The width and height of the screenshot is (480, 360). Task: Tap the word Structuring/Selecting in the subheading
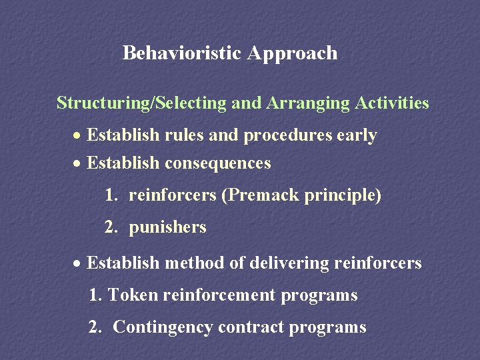coord(142,103)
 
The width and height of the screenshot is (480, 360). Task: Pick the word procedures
coord(287,136)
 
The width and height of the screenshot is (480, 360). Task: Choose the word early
coord(357,136)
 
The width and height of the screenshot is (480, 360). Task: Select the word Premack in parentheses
coord(261,196)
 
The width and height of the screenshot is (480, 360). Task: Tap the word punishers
coord(167,227)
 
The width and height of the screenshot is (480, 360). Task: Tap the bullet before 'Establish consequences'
coord(78,164)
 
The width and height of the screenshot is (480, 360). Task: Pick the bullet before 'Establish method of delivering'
coord(78,264)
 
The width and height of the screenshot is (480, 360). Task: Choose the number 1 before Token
coord(93,295)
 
